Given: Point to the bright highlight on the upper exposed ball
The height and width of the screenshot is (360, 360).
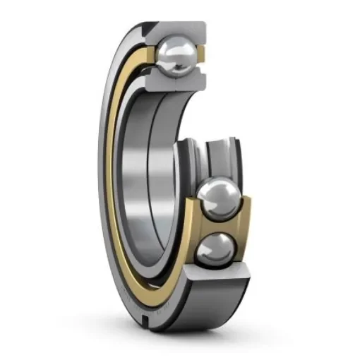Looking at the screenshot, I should click(212, 191).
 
